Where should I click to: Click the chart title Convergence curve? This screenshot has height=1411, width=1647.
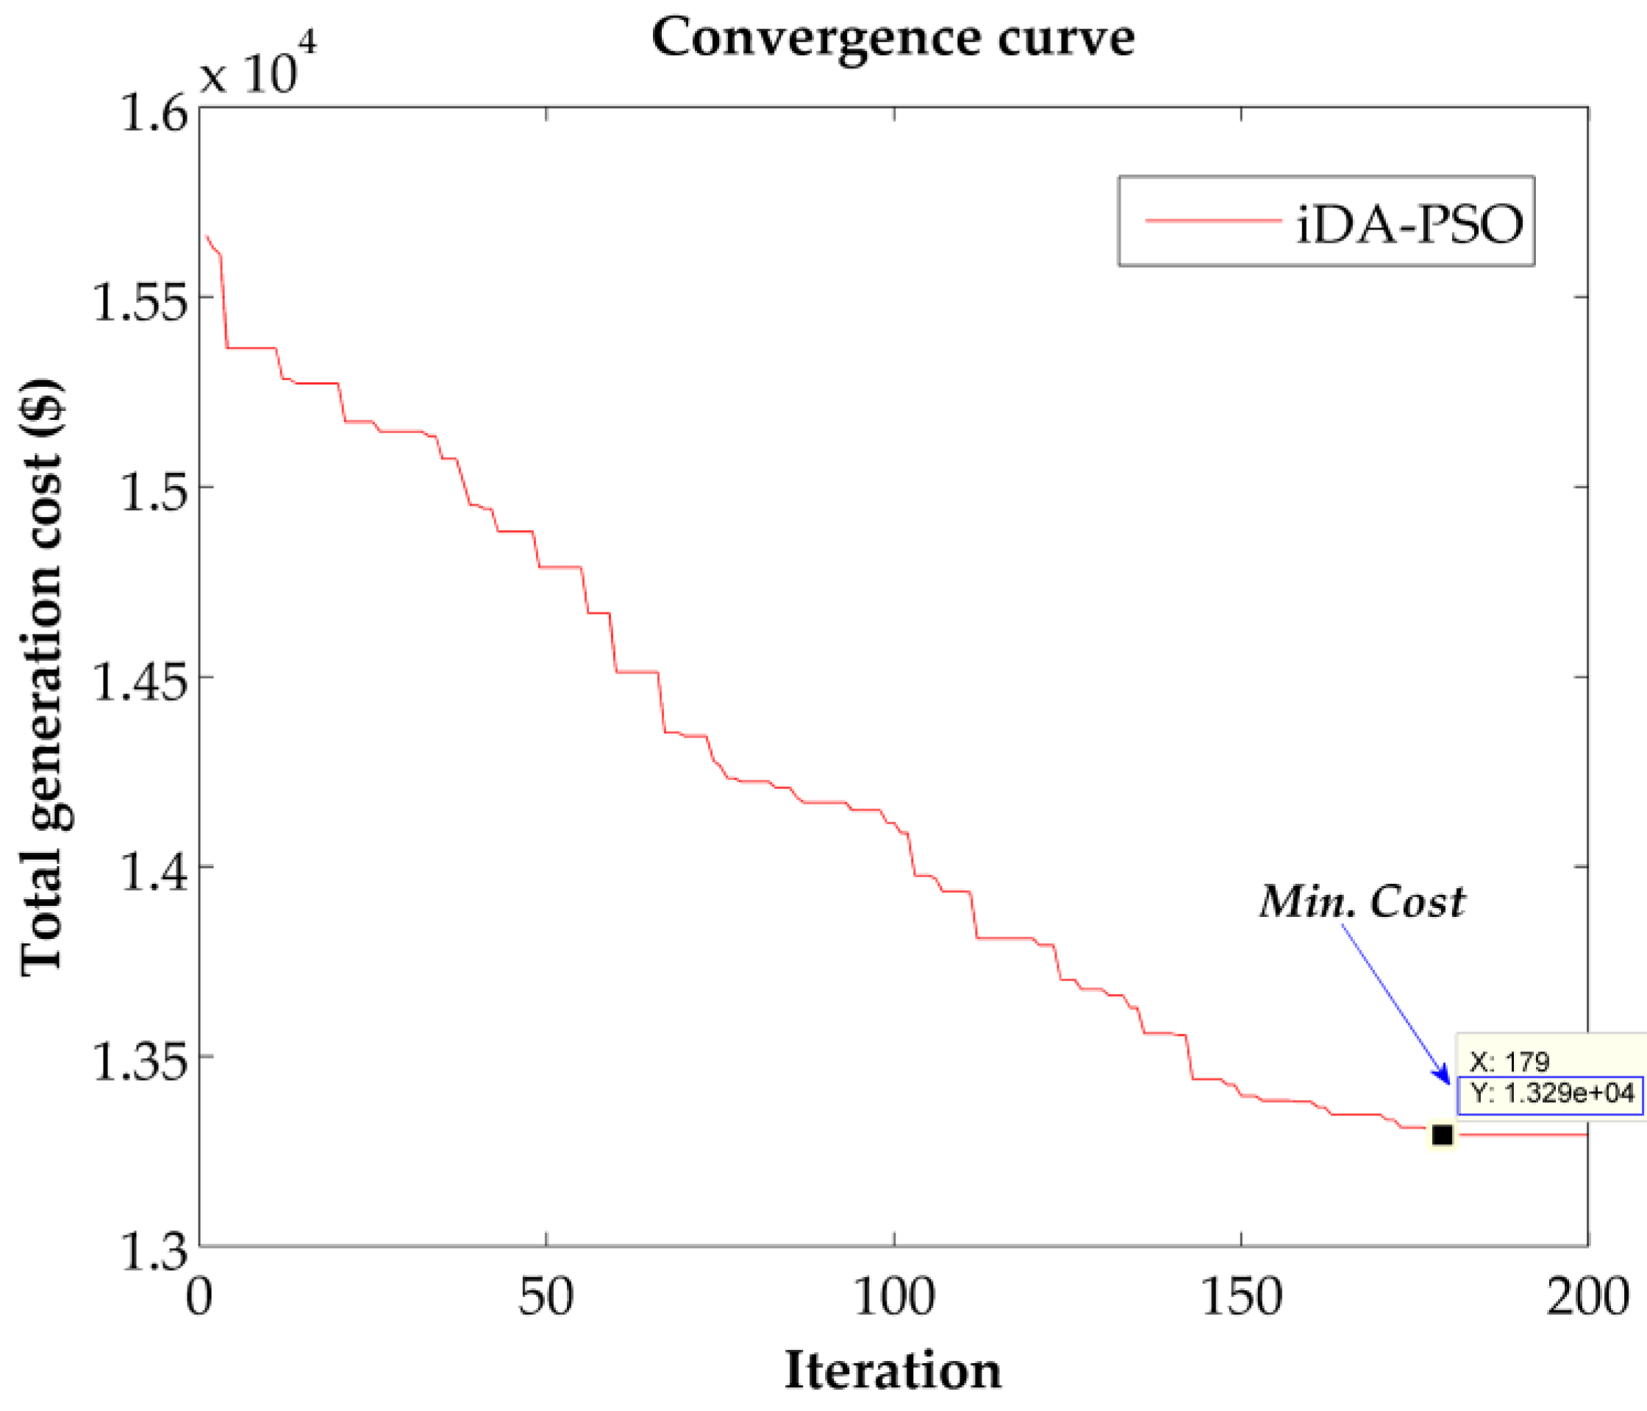pyautogui.click(x=892, y=38)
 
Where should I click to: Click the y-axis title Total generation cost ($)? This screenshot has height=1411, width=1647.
pyautogui.click(x=41, y=676)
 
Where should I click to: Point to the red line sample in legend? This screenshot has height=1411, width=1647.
pyautogui.click(x=1213, y=220)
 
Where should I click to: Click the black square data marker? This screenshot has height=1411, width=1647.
pyautogui.click(x=1442, y=1135)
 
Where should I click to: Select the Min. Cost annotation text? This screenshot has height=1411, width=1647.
pyautogui.click(x=1362, y=902)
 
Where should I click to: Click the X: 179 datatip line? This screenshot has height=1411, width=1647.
pyautogui.click(x=1510, y=1061)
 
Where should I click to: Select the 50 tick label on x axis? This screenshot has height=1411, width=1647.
pyautogui.click(x=546, y=1296)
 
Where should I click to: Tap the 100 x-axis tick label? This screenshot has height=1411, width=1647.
pyautogui.click(x=893, y=1296)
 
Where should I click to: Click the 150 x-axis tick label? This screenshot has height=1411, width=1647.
pyautogui.click(x=1241, y=1296)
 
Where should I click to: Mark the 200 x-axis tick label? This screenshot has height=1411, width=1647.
pyautogui.click(x=1587, y=1296)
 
